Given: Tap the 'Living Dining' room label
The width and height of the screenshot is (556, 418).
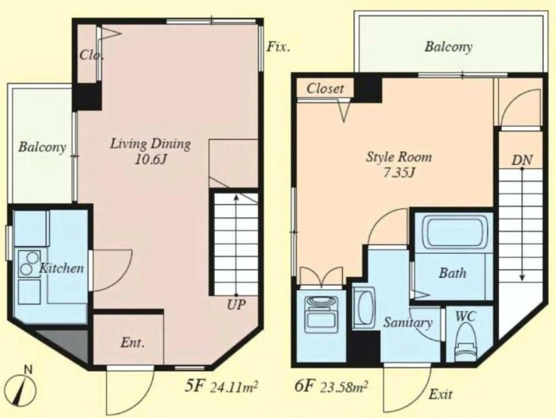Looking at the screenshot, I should pyautogui.click(x=150, y=144).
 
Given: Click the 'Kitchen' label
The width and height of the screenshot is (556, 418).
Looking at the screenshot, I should pyautogui.click(x=61, y=269).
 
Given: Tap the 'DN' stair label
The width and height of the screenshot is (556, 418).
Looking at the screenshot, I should pyautogui.click(x=522, y=160).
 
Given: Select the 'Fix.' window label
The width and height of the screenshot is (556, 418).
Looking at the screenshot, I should pyautogui.click(x=278, y=47).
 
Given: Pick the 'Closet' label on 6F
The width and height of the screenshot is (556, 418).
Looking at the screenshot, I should pyautogui.click(x=325, y=88).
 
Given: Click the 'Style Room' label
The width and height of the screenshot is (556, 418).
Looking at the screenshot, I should pyautogui.click(x=398, y=157).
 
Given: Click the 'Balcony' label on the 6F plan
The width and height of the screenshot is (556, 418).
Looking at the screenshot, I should pyautogui.click(x=448, y=47).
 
